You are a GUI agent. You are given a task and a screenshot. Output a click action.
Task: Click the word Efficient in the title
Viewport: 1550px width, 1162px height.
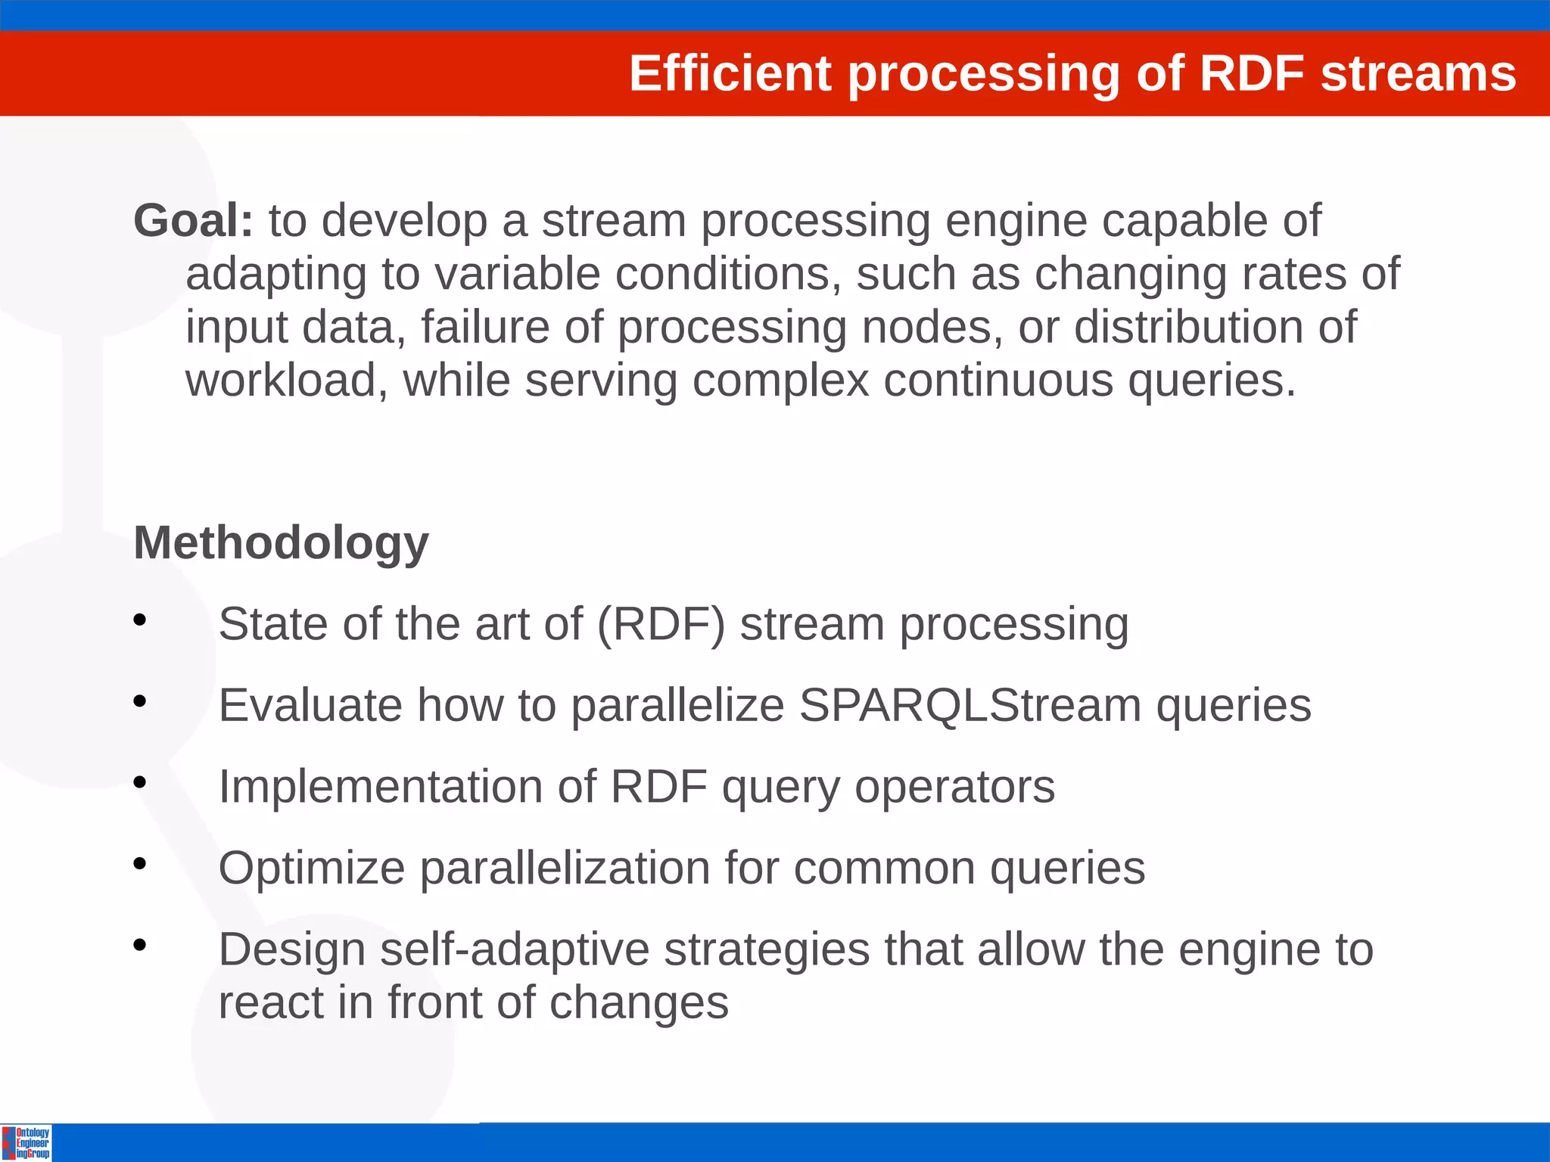pyautogui.click(x=730, y=74)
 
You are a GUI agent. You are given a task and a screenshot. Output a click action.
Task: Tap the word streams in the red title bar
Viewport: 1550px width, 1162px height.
pyautogui.click(x=1418, y=74)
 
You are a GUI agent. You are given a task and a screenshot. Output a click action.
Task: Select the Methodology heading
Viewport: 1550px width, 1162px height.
pyautogui.click(x=281, y=543)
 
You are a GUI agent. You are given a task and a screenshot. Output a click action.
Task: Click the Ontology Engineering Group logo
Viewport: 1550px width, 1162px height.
pyautogui.click(x=26, y=1142)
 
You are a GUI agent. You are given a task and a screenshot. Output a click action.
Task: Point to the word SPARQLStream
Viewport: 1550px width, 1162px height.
pyautogui.click(x=970, y=705)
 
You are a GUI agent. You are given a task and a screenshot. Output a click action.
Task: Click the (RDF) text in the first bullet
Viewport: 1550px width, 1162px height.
pyautogui.click(x=661, y=625)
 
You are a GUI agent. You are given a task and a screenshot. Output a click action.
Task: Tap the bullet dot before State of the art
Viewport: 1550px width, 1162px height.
pyautogui.click(x=139, y=620)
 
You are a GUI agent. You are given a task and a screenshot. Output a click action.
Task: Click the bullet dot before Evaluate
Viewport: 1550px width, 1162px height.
pyautogui.click(x=139, y=701)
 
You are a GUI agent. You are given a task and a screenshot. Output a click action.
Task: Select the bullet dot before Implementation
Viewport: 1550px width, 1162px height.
pyautogui.click(x=139, y=782)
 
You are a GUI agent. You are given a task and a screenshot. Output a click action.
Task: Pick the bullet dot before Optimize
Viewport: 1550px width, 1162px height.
pyautogui.click(x=139, y=863)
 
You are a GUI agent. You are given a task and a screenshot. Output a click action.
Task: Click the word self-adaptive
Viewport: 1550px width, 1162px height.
pyautogui.click(x=515, y=949)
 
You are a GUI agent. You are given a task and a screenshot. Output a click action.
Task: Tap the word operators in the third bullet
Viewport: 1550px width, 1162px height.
pyautogui.click(x=954, y=787)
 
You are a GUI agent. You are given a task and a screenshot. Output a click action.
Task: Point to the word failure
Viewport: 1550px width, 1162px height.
pyautogui.click(x=485, y=327)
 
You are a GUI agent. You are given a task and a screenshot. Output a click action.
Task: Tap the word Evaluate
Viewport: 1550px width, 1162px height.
pyautogui.click(x=310, y=705)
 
